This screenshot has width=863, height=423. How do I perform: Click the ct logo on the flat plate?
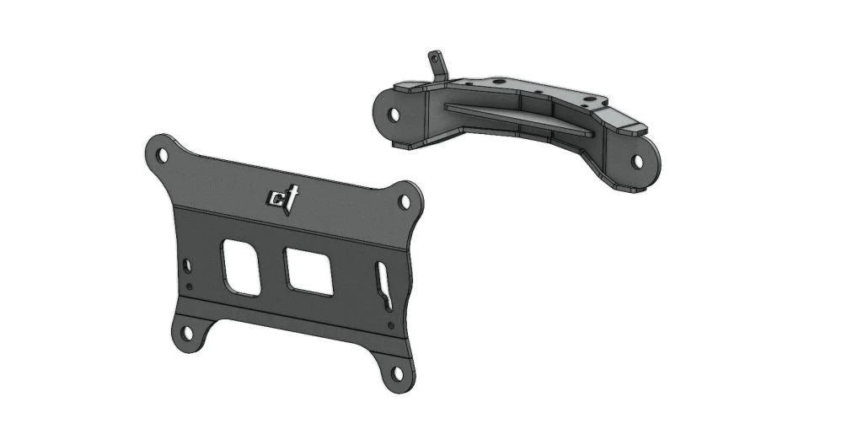click(x=280, y=199)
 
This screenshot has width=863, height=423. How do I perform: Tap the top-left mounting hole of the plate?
click(x=161, y=154)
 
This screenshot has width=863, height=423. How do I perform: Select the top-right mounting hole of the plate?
click(x=405, y=201)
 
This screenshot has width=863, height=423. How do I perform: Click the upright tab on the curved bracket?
click(x=437, y=66)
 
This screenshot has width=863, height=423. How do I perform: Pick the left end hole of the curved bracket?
click(x=394, y=113)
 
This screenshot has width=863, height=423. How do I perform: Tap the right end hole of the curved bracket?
click(x=638, y=160)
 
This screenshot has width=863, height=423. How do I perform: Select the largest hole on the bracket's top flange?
click(x=501, y=83)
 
